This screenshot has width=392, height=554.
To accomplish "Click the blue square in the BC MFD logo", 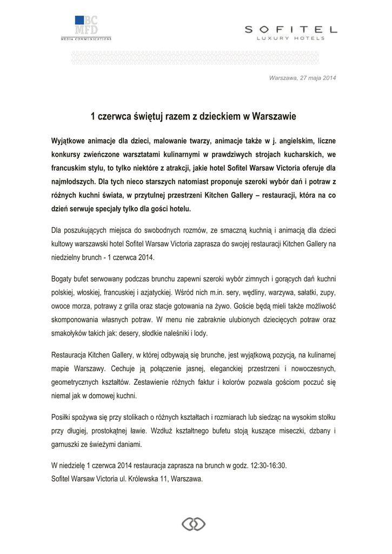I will pyautogui.click(x=79, y=21).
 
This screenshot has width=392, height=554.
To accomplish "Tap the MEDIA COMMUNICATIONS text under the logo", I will pyautogui.click(x=86, y=39).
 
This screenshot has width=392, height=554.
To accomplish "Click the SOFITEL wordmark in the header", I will pyautogui.click(x=291, y=29).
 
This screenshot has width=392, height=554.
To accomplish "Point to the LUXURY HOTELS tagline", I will pyautogui.click(x=291, y=38).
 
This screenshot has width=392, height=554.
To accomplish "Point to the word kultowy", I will pyautogui.click(x=62, y=245).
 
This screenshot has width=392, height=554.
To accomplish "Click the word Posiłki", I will pyautogui.click(x=61, y=419).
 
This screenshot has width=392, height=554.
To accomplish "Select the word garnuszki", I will pyautogui.click(x=67, y=445).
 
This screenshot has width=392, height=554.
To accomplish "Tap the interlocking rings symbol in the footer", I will pyautogui.click(x=193, y=524).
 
